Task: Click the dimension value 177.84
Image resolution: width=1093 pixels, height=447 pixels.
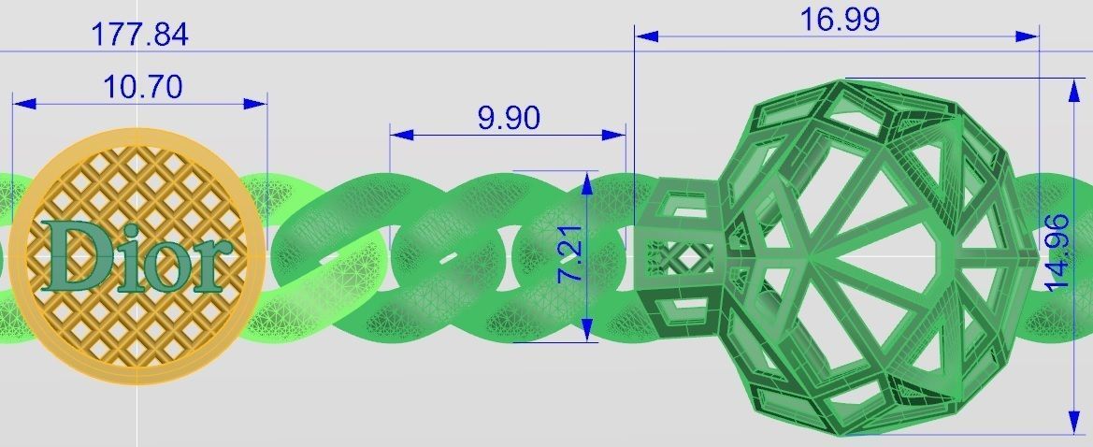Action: click(139, 35)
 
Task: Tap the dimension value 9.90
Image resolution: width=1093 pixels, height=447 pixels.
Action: click(508, 118)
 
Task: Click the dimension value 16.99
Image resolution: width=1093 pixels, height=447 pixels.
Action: click(840, 20)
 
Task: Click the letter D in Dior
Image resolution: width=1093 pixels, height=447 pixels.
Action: click(74, 255)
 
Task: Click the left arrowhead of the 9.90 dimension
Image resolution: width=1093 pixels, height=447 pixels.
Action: click(401, 135)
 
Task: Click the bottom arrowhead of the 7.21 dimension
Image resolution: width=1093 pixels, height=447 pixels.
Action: click(586, 329)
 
